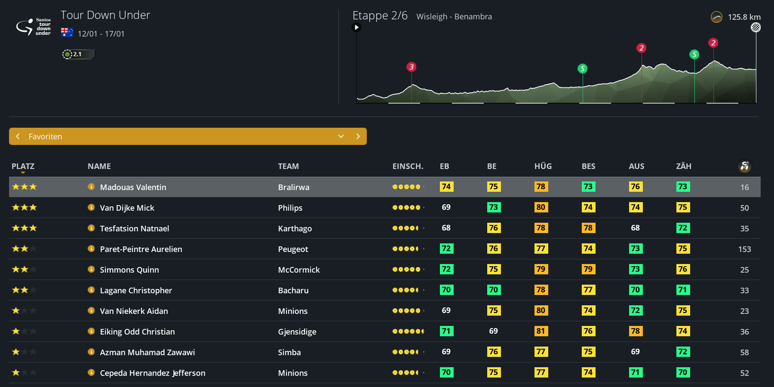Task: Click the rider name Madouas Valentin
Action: pos(133,187)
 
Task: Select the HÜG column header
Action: pos(543,166)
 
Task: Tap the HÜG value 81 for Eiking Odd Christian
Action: pos(541,331)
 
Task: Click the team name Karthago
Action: pos(295,228)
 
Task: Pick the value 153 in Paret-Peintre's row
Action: pos(744,249)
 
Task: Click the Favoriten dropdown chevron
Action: pos(341,136)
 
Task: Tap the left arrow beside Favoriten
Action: pos(18,136)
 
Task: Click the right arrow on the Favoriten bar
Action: pos(358,136)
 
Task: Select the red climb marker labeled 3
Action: pos(412,67)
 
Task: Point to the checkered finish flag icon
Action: pos(756,28)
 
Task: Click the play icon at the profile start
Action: pos(356,28)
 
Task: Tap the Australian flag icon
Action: pos(67,33)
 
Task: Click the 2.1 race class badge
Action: pos(78,54)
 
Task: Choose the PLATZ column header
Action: pos(23,166)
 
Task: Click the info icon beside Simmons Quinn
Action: pos(91,269)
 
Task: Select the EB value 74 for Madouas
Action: pos(446,187)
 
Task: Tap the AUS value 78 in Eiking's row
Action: pos(636,331)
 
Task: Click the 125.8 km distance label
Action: pos(744,17)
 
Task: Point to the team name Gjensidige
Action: pos(297,332)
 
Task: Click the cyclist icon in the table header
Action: pos(744,166)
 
